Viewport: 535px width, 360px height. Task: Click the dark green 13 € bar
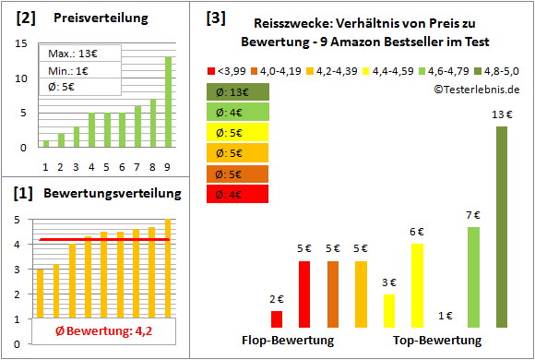tap(501, 227)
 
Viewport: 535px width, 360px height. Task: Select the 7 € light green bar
tap(473, 277)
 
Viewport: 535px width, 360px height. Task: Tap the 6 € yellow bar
tap(417, 285)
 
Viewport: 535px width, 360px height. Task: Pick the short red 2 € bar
tap(277, 318)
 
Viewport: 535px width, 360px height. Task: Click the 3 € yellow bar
tap(389, 311)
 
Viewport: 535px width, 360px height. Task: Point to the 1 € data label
tap(445, 316)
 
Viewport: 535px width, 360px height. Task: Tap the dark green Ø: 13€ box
tap(238, 92)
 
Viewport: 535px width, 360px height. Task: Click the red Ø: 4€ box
tap(238, 194)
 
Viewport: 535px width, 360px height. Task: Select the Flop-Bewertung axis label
tap(287, 340)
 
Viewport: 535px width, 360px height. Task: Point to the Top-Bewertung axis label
tap(430, 340)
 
